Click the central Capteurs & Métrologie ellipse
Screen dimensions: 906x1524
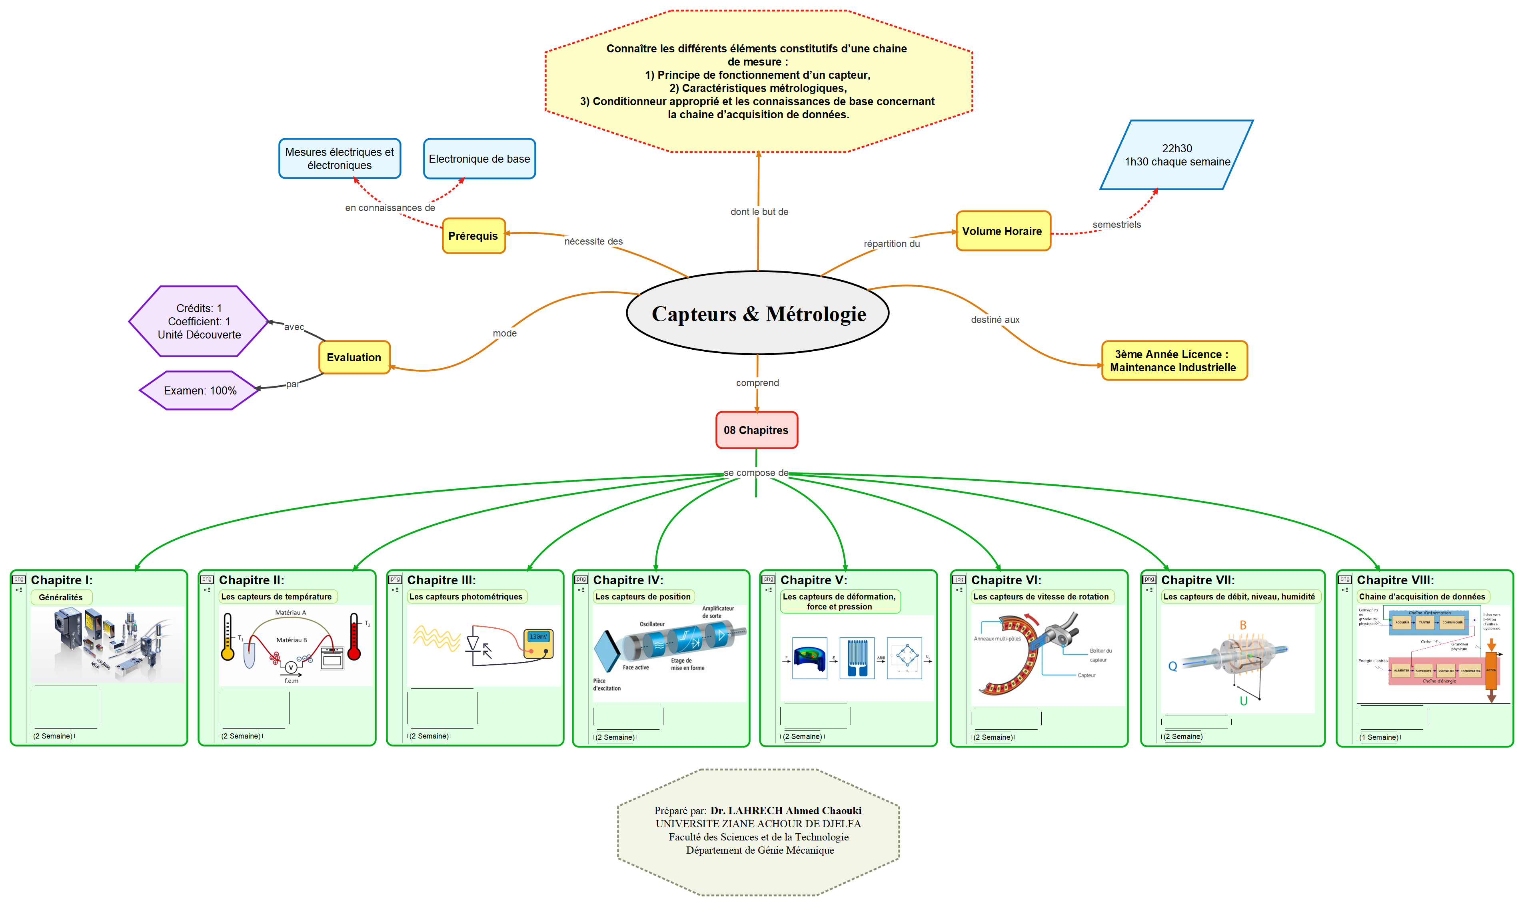pos(757,313)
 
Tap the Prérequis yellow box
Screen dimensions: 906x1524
pos(473,236)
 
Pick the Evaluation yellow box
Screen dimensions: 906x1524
pos(354,358)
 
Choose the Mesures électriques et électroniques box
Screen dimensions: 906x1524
pos(340,159)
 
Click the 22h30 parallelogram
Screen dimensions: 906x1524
pos(1176,155)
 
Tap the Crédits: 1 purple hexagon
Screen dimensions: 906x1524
pos(199,322)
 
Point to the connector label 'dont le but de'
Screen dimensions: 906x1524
pos(759,212)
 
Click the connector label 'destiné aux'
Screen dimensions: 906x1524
pos(995,320)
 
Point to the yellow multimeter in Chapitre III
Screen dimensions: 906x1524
pos(539,643)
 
